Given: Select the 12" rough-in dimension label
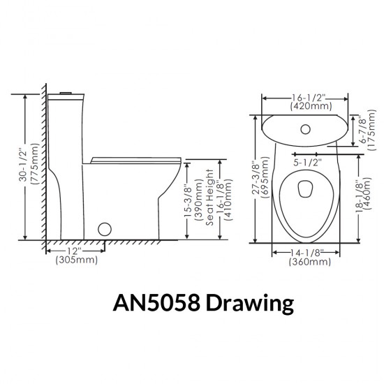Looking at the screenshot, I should pos(75,251).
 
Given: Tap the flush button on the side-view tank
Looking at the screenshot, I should pos(67,93).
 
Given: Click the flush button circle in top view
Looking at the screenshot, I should pos(306,128).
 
